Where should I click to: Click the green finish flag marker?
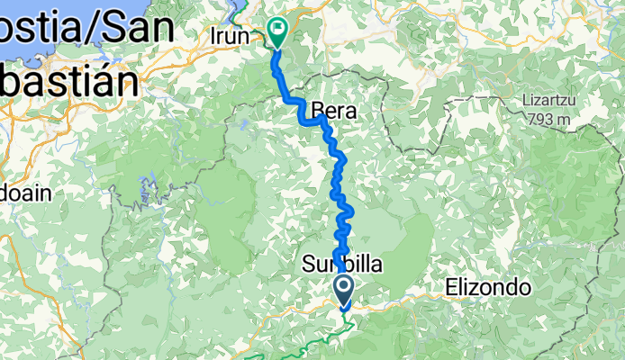point(275,33)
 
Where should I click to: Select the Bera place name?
point(334,112)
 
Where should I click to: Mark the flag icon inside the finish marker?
point(275,30)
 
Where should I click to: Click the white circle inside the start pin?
point(344,286)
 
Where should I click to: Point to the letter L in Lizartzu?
point(523,102)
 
